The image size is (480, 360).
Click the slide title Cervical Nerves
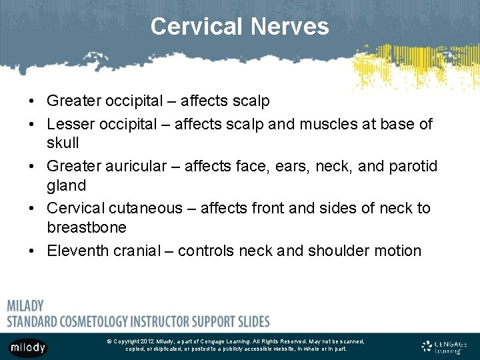pos(239,27)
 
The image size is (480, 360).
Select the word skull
pos(63,143)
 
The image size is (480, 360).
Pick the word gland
pos(66,185)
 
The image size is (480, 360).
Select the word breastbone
pos(86,227)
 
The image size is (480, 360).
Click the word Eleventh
pos(75,251)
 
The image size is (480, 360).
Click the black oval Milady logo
pos(28,347)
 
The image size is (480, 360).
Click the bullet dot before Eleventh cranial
pos(32,251)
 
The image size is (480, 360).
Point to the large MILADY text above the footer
pos(25,306)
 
